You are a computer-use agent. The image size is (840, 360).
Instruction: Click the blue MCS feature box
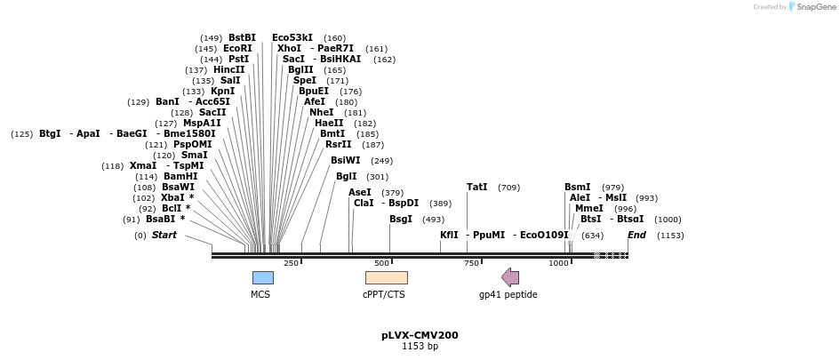click(262, 277)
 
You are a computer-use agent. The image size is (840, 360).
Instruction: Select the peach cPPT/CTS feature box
click(386, 277)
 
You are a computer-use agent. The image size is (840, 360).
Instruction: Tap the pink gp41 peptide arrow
click(510, 277)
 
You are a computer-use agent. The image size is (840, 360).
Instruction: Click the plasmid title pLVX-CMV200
click(420, 335)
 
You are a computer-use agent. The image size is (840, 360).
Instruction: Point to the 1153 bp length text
click(420, 347)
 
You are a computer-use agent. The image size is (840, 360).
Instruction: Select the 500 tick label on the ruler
click(381, 263)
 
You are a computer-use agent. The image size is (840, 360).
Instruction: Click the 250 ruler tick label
click(291, 263)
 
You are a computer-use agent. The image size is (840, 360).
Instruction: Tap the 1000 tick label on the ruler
click(558, 263)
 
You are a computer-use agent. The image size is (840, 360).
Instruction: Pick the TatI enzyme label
click(476, 188)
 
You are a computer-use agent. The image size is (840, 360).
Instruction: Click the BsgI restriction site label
click(400, 220)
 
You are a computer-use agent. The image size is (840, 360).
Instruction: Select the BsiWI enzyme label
click(345, 161)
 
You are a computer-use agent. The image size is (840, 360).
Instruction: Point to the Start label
click(164, 236)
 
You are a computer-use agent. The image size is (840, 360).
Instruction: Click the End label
click(636, 236)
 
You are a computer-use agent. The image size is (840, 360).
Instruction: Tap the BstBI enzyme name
click(242, 38)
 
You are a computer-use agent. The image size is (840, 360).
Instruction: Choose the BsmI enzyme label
click(577, 188)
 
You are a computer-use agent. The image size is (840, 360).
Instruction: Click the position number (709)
click(509, 188)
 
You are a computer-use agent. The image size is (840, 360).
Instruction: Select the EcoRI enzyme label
click(237, 49)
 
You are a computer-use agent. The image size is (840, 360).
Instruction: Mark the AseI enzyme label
click(360, 193)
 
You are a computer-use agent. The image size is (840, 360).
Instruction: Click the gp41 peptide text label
click(508, 294)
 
